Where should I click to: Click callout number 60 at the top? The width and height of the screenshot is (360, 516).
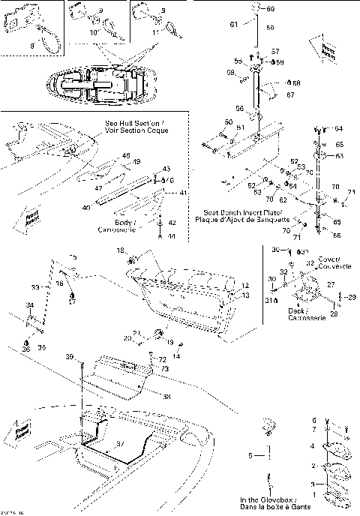tap(271, 9)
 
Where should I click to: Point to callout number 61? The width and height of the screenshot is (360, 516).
tap(233, 25)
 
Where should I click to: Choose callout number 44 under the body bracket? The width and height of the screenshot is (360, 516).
tap(171, 236)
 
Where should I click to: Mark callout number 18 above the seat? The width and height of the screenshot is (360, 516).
tap(119, 248)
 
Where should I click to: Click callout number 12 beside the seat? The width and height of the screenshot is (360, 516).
tap(245, 286)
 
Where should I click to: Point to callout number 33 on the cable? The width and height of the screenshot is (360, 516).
tap(35, 287)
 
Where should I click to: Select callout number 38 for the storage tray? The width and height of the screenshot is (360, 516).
tap(166, 396)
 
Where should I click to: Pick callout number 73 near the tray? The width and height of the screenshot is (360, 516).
tap(163, 369)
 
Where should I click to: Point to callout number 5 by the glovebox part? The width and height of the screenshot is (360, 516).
tap(251, 454)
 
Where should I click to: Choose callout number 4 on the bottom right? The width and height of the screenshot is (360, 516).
tap(313, 445)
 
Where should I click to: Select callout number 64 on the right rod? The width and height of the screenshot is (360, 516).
tap(338, 129)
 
